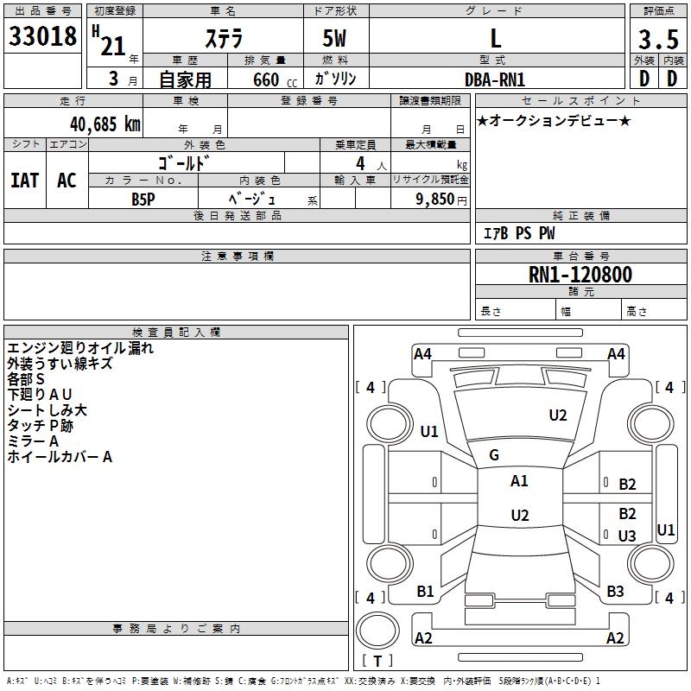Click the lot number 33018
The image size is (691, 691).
tap(42, 36)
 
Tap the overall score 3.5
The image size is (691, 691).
tap(658, 40)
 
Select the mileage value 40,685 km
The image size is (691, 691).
tap(105, 124)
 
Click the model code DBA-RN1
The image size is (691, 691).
tap(495, 79)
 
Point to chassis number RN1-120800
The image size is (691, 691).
tap(580, 275)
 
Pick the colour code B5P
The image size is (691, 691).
tap(143, 200)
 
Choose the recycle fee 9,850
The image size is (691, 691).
tap(434, 200)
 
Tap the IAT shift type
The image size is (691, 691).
tap(25, 181)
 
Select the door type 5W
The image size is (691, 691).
tap(334, 38)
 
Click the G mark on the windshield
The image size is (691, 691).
tap(494, 455)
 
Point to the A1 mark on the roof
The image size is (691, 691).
tap(519, 481)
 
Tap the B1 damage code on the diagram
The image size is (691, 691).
tap(425, 592)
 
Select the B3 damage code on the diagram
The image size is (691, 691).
tap(615, 592)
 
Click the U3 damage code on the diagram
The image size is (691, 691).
tap(627, 536)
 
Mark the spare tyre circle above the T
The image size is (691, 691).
tap(377, 631)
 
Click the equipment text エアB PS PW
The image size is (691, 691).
tap(519, 233)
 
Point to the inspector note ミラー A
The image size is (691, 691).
tap(33, 441)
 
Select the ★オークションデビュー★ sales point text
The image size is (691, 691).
tap(554, 121)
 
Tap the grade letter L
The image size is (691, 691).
tap(496, 38)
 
